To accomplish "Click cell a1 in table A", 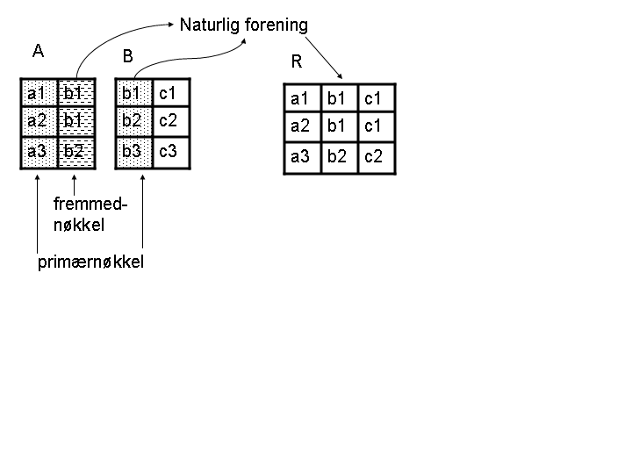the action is point(39,93).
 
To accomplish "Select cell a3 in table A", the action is point(39,153).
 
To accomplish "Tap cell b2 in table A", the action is point(76,153).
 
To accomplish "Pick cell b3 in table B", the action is point(133,153).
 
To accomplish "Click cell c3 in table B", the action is point(171,153).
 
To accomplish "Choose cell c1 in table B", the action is point(171,93).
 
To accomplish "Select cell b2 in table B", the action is point(133,122).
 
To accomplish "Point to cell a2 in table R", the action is point(302,126).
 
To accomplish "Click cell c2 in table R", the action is point(377,158).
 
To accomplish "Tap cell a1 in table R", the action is point(302,98).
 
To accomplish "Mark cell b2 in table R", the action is point(340,158).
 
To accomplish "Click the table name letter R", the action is point(297,61).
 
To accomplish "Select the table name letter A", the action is point(38,51).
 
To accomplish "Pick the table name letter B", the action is point(128,56).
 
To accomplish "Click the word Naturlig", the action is point(210,25).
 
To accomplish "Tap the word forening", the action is point(276,25).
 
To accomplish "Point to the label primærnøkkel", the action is point(90,262).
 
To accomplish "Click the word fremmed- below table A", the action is point(90,204).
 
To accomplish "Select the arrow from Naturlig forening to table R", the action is point(324,58).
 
